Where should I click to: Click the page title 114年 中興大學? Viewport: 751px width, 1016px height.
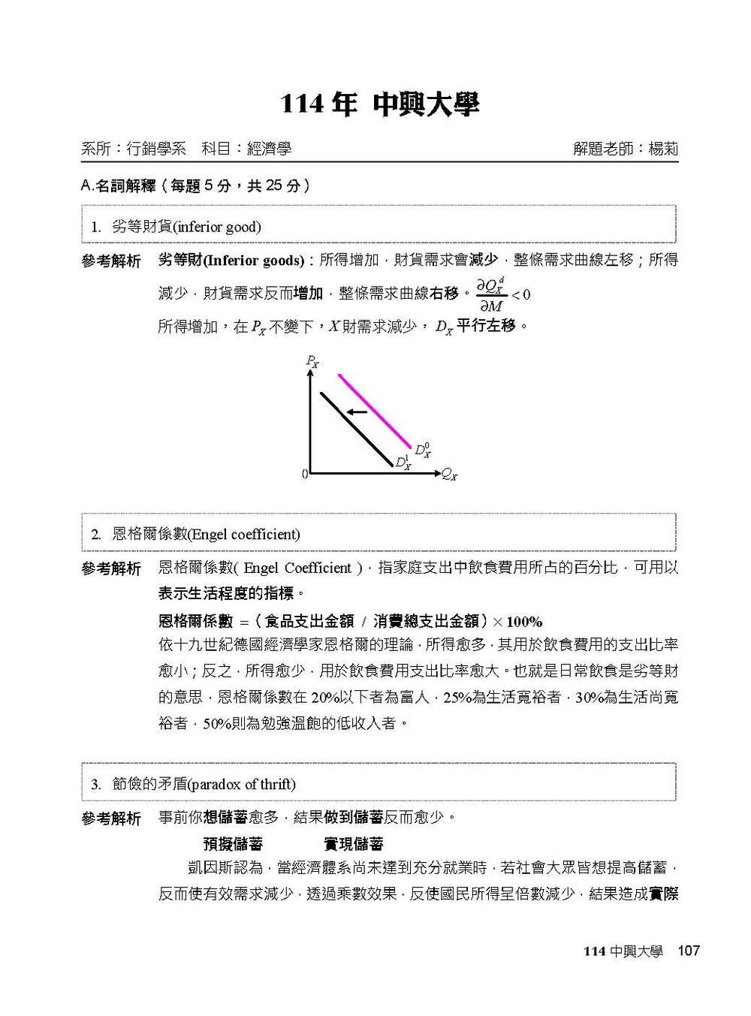[x=379, y=104]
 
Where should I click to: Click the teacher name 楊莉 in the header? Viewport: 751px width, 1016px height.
[x=663, y=149]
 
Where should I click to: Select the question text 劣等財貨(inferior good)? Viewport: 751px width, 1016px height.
[x=186, y=227]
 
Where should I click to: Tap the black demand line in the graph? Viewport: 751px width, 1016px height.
[x=357, y=429]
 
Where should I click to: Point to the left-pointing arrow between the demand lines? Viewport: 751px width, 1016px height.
[x=357, y=412]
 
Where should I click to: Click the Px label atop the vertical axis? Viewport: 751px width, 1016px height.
[x=312, y=361]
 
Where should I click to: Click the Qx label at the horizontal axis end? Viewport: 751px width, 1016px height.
[x=449, y=474]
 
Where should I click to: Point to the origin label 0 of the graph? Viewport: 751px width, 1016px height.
[x=304, y=474]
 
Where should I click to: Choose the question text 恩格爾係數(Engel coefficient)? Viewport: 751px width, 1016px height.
[x=206, y=535]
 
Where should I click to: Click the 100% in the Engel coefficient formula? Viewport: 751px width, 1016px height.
[x=524, y=622]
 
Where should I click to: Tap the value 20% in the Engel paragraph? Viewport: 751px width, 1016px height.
[x=324, y=698]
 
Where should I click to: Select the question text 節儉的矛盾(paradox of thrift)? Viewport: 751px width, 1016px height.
[x=204, y=785]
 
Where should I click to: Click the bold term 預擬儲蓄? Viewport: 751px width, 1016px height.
[x=233, y=844]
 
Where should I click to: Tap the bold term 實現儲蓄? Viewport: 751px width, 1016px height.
[x=354, y=844]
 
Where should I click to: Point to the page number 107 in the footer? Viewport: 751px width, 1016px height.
[x=688, y=951]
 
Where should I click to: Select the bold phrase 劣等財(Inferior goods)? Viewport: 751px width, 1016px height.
[x=231, y=261]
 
